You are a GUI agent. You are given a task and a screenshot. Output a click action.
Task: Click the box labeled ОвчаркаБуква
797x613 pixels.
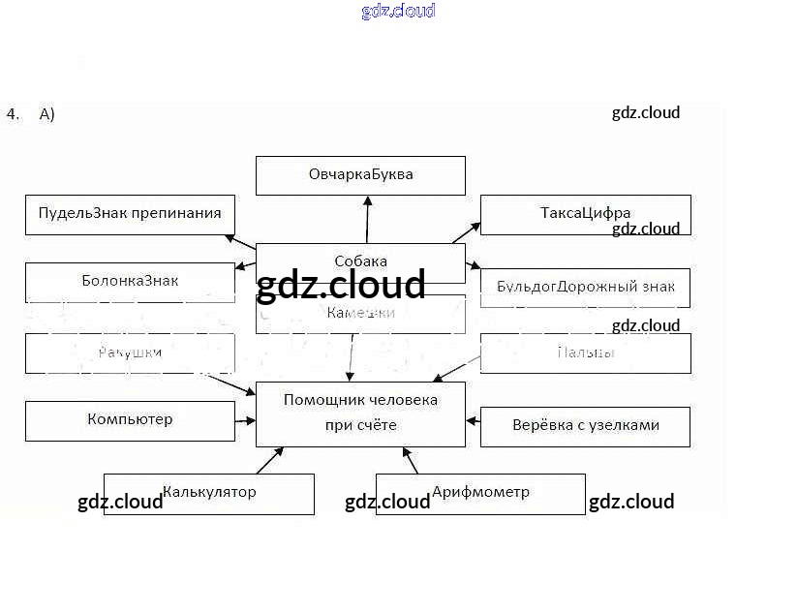360,175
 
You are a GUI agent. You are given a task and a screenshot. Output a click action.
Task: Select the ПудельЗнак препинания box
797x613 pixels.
130,214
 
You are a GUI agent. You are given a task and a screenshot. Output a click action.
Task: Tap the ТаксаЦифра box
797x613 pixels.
585,214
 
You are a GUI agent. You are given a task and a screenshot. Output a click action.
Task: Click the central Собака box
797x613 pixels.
360,261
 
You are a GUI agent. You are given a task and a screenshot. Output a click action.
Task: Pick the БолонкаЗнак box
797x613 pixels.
130,281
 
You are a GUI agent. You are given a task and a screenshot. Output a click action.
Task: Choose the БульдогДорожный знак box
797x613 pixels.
585,288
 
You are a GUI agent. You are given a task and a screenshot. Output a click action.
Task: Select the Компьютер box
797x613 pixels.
130,420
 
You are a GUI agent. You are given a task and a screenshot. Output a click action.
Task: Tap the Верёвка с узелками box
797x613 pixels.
585,426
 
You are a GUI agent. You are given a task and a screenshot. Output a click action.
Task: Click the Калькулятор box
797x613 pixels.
209,493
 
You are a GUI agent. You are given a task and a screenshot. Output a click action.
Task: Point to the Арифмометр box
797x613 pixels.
480,493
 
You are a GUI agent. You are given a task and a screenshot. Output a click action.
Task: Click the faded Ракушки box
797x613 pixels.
130,353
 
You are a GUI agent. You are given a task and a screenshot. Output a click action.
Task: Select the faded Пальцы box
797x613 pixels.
585,353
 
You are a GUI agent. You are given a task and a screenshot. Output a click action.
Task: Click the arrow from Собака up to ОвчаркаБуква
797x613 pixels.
368,219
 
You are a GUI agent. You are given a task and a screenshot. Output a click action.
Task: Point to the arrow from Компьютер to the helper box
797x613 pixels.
245,421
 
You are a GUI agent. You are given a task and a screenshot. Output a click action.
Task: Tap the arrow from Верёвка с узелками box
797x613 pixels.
474,420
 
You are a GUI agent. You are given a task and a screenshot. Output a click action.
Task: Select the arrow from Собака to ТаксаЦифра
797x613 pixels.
466,232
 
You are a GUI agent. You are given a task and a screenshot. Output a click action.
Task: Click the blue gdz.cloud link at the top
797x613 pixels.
398,12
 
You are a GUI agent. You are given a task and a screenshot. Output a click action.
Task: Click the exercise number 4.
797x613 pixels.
12,114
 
